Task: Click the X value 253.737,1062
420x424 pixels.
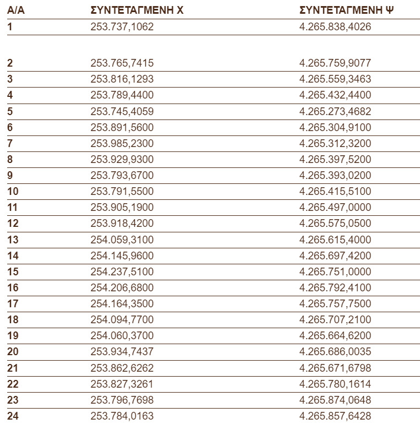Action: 122,26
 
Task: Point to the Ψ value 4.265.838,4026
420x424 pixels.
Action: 335,26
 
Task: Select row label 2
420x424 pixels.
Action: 10,63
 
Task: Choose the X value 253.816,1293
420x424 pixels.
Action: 122,79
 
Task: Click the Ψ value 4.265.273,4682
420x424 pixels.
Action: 335,111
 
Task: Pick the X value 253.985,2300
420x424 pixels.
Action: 122,143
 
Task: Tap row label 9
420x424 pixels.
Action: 10,175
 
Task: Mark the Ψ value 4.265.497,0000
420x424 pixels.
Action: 335,208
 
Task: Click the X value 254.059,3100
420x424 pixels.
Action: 122,240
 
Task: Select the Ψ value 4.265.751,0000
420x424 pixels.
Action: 335,272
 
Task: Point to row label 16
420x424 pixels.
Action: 13,287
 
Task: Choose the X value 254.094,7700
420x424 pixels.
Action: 122,320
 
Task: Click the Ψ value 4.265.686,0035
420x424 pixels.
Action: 335,352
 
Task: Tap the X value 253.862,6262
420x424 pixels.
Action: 122,368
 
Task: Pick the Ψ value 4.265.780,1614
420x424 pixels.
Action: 335,384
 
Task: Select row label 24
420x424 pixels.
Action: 13,416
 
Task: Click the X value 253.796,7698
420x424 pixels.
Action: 122,400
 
